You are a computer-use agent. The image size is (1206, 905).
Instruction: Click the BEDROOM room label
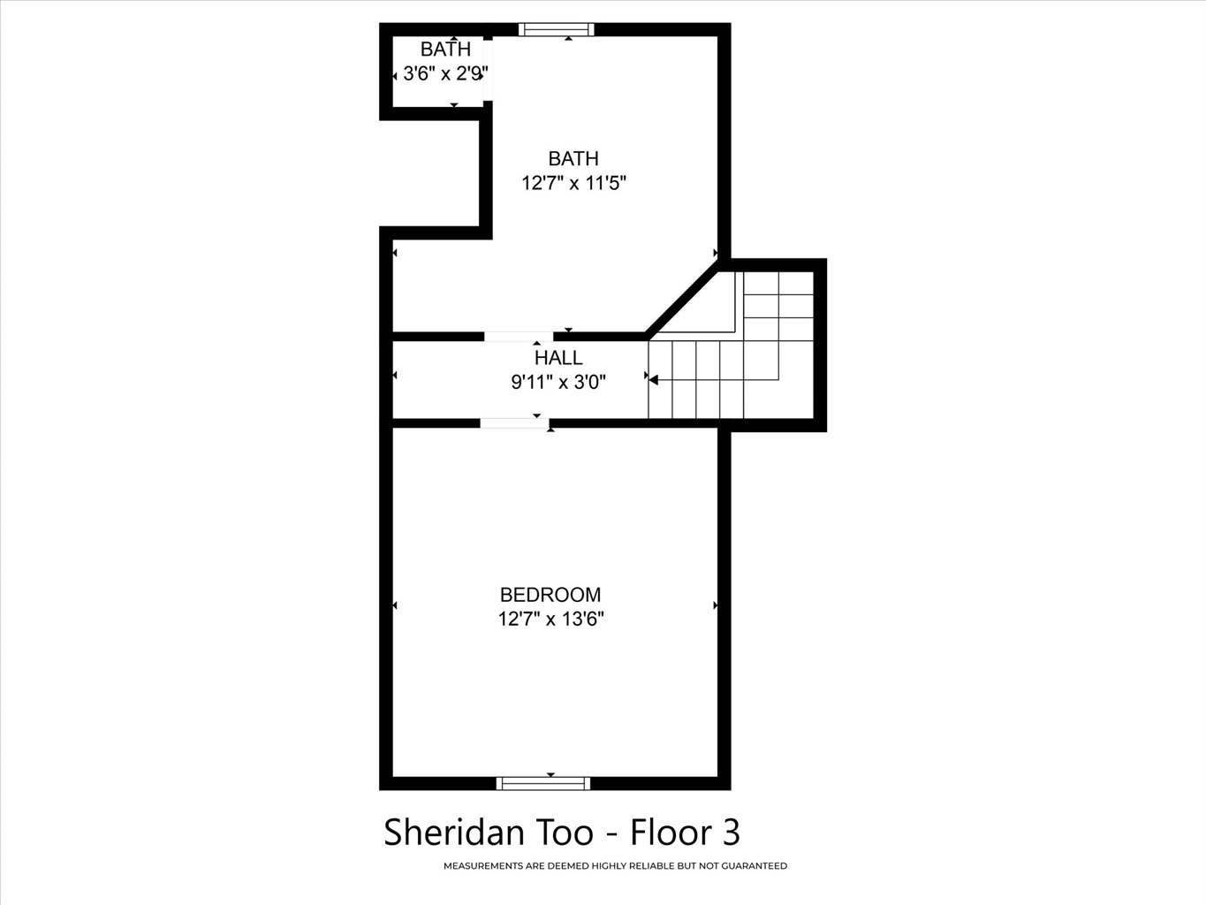tap(550, 595)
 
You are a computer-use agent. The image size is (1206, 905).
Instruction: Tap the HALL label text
tap(558, 358)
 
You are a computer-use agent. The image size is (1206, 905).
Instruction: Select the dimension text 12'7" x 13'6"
tap(550, 619)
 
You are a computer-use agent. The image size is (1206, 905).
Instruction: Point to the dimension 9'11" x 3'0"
tap(558, 381)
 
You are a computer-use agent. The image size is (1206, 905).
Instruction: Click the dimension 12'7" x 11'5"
tap(573, 182)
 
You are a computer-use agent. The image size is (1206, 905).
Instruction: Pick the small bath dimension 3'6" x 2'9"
tap(445, 73)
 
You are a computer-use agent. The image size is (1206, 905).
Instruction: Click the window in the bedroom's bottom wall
tap(542, 783)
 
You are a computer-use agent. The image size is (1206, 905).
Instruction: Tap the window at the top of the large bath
tap(556, 30)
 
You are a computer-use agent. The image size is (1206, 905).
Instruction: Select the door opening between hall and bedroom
tap(514, 423)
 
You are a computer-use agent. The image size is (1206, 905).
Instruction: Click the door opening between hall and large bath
tap(518, 337)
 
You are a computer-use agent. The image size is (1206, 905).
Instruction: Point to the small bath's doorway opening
tap(488, 70)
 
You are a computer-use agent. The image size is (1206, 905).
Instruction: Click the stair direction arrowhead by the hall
tap(653, 378)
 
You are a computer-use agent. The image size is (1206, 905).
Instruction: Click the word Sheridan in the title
tap(455, 832)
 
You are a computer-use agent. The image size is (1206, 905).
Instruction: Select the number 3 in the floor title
tap(732, 832)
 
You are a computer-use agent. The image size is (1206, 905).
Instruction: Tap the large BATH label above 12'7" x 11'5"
tap(573, 159)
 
